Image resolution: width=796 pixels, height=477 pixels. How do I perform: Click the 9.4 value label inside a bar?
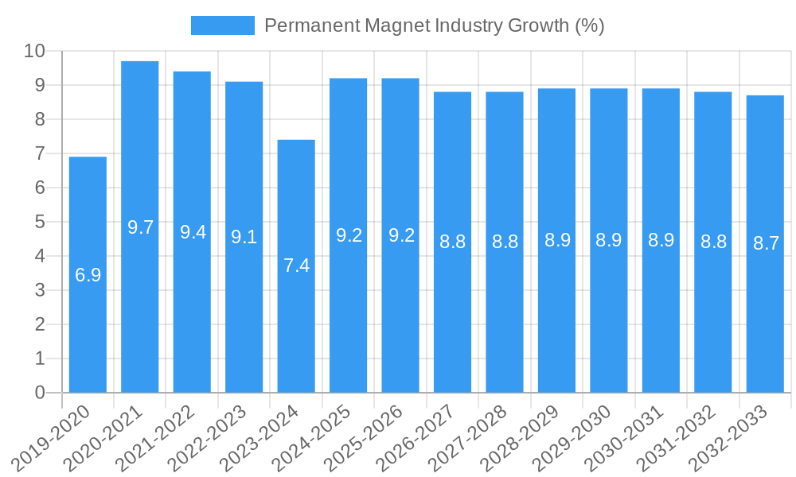(x=193, y=232)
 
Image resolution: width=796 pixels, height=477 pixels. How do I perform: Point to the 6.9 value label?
(x=88, y=275)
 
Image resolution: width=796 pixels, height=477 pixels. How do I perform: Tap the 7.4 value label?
(x=296, y=266)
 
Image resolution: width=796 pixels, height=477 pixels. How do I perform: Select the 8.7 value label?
(x=765, y=243)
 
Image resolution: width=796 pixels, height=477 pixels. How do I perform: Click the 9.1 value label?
(x=244, y=237)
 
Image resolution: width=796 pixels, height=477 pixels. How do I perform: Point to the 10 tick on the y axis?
(x=34, y=51)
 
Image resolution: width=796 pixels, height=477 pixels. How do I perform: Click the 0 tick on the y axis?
(x=40, y=393)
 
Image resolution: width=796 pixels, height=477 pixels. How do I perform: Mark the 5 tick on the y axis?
(x=40, y=222)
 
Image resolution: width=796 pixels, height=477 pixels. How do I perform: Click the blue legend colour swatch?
(x=222, y=25)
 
